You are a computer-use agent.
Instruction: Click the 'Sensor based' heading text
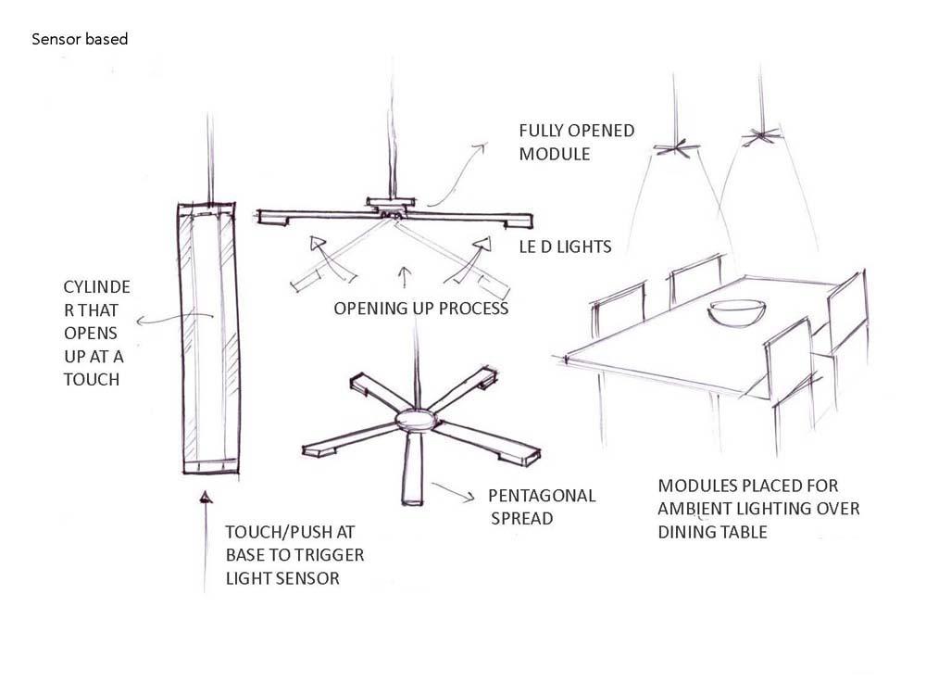(x=80, y=40)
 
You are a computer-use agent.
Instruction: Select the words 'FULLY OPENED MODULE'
(x=576, y=142)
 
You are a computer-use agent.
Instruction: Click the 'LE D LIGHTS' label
(x=565, y=246)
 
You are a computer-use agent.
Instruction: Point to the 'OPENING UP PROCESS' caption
(x=421, y=309)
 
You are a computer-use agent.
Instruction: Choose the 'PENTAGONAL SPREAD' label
(x=542, y=507)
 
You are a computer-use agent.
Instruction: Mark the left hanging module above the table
(x=674, y=146)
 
